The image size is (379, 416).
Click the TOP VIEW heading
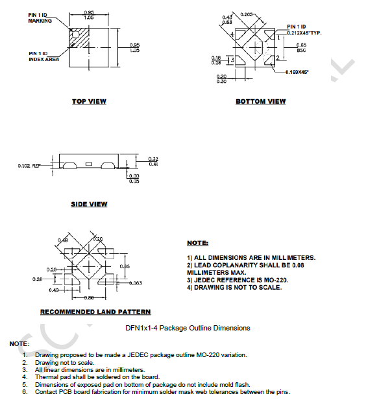(x=89, y=101)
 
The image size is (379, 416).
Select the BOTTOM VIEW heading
(x=260, y=101)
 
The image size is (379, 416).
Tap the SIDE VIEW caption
(x=89, y=204)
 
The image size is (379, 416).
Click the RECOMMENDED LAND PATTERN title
(x=95, y=312)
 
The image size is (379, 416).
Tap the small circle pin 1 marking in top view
(x=75, y=33)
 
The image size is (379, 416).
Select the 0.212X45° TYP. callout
(x=304, y=32)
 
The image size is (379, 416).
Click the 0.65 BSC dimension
(x=301, y=47)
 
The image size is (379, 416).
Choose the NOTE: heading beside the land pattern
(x=197, y=242)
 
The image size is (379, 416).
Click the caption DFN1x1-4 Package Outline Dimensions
(x=188, y=328)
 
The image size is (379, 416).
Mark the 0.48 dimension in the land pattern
(x=63, y=240)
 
